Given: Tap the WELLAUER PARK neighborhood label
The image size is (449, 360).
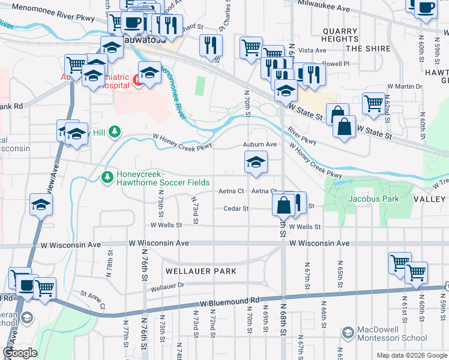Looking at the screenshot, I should [x=199, y=271].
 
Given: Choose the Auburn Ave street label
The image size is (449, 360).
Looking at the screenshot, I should [x=259, y=145].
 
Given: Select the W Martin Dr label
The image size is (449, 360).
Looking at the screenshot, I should [x=405, y=86].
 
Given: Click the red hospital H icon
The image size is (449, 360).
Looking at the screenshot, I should [x=138, y=79].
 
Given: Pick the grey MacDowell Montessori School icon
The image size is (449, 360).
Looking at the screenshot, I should [x=347, y=332].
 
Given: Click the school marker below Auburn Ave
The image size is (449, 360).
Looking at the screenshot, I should [x=256, y=162].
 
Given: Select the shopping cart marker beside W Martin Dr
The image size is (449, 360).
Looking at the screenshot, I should [x=373, y=103].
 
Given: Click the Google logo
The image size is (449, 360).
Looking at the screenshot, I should [x=19, y=353].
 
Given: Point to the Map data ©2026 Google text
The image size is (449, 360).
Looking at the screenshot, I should [x=411, y=355].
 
